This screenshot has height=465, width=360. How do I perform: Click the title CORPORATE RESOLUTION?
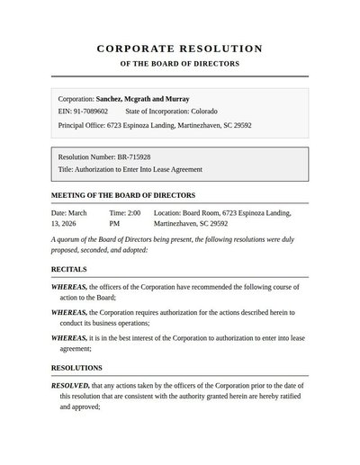(x=180, y=49)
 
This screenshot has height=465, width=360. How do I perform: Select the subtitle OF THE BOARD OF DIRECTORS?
(x=180, y=65)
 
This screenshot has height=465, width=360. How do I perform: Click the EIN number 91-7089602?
(x=90, y=112)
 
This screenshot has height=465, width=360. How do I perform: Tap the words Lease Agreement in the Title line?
(x=176, y=169)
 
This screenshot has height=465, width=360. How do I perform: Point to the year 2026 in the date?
(x=67, y=222)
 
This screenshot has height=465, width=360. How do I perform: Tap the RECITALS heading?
(x=70, y=269)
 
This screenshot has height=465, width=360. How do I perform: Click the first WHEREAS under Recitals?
(x=68, y=286)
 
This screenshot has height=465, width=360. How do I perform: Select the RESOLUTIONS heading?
(x=76, y=368)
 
